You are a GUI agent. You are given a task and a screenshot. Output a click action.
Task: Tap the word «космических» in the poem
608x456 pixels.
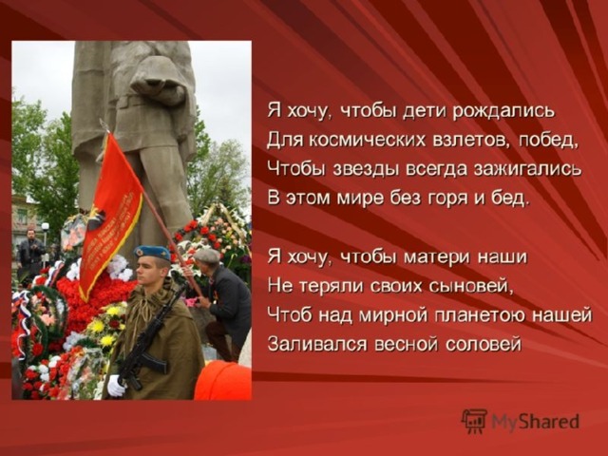366,140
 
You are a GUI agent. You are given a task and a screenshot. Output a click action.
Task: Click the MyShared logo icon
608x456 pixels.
474,421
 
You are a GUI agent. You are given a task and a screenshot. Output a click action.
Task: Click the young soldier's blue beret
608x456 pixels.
152,252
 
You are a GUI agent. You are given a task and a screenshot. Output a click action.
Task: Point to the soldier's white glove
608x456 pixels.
116,385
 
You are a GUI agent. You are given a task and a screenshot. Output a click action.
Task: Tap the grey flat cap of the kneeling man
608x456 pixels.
207,256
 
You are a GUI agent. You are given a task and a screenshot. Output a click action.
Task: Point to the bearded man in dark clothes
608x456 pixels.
31,250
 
